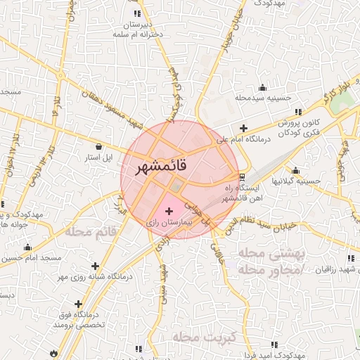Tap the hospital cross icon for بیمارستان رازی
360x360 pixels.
point(168,210)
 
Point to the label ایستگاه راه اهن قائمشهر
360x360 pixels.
point(242,194)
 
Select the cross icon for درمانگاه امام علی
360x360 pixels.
point(243,128)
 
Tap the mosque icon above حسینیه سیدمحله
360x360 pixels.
point(262,87)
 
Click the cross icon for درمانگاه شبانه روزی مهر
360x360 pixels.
point(95,266)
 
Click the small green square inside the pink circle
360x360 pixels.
point(176,186)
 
